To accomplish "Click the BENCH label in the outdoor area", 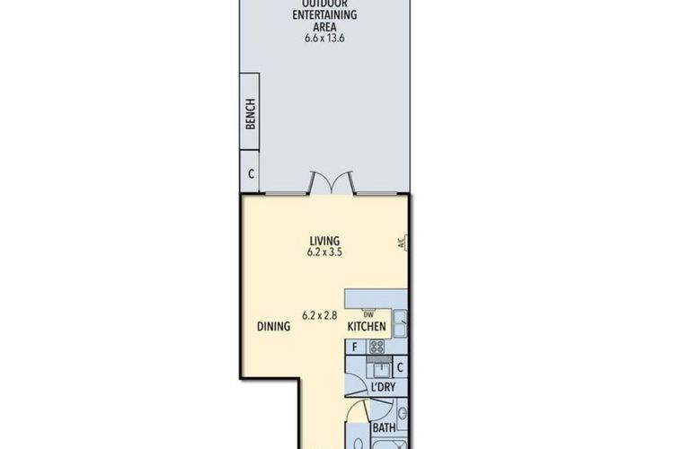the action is (x=251, y=114).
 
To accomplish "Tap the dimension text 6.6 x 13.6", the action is (x=324, y=38).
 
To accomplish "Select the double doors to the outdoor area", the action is (x=332, y=182).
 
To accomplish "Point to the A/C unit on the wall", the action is (x=403, y=243).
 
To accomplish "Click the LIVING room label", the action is (x=324, y=241).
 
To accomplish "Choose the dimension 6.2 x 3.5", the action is (x=324, y=252).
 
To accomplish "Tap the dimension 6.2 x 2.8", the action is (x=319, y=315).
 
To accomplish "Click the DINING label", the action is (x=273, y=326).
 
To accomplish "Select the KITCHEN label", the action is (x=367, y=327).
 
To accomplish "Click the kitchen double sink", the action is (x=400, y=323).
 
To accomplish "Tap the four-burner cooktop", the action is (x=377, y=347).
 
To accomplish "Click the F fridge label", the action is (x=355, y=348).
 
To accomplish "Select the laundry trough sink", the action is (x=380, y=369).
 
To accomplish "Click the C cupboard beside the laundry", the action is (x=400, y=368).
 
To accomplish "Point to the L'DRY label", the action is (x=383, y=387).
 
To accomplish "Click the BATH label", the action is (x=384, y=428).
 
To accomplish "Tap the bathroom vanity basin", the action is (x=403, y=414).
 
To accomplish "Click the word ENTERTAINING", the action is (x=324, y=14).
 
